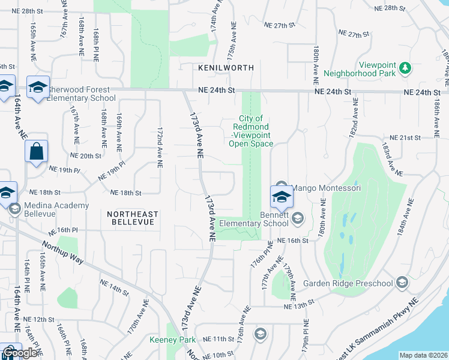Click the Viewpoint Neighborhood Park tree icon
[x=406, y=68]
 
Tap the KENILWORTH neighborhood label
[x=227, y=68]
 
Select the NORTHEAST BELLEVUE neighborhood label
[x=132, y=218]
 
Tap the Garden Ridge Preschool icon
[x=402, y=283]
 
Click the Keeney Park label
[x=172, y=340]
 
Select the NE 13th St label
[x=300, y=305]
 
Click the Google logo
[x=20, y=353]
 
